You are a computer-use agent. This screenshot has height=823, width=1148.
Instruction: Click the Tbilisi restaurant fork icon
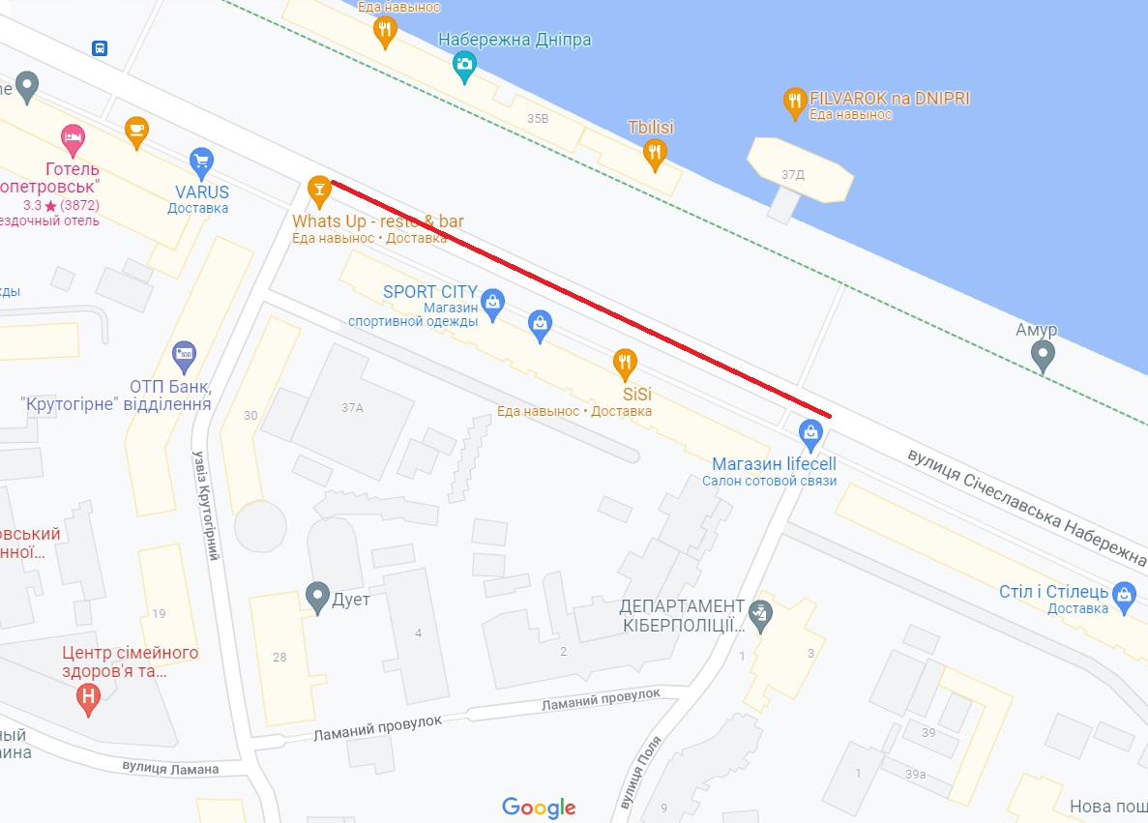655,151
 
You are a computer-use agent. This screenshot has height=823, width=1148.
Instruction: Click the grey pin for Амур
1043,356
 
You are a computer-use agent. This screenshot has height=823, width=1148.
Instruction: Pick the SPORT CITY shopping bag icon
493,302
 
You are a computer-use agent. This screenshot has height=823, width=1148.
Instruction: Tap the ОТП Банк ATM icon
184,355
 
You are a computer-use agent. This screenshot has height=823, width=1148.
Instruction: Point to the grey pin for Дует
317,597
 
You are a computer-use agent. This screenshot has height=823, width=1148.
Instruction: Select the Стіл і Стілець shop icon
1123,593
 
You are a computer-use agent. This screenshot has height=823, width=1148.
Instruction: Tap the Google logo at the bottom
539,808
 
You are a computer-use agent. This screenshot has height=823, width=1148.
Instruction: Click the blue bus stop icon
100,48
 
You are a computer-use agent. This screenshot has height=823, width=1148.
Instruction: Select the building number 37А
352,408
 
